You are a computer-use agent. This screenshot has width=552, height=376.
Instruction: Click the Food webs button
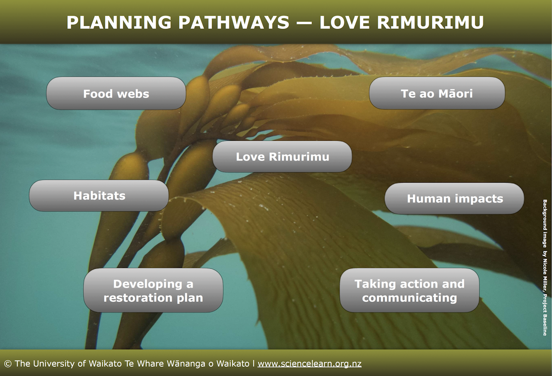(116, 93)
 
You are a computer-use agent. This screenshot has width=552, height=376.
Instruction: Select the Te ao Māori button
(437, 93)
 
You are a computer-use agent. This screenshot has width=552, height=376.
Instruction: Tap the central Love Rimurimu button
(282, 156)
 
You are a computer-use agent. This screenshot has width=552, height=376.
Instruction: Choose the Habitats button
(99, 196)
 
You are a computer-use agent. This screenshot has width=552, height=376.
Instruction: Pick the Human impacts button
(454, 199)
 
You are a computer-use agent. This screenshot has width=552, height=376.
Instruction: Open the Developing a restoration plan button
(153, 290)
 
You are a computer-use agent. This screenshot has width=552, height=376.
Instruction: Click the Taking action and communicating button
(409, 290)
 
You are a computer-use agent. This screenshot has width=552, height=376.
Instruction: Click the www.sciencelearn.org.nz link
(309, 364)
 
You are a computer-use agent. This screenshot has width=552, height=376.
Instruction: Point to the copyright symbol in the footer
(8, 364)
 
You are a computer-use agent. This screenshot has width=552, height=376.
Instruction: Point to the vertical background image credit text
(545, 267)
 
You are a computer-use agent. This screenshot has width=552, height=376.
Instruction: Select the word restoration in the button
(137, 298)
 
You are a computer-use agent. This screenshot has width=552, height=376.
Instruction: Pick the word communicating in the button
(409, 298)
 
